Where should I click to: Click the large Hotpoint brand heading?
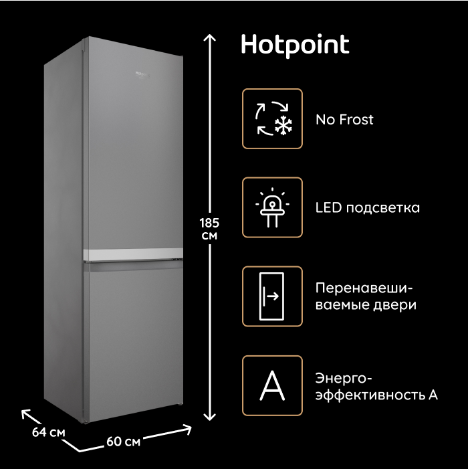[x=294, y=45]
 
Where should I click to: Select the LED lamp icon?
[x=272, y=207]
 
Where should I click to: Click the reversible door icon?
[x=272, y=296]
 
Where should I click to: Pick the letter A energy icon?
[x=272, y=385]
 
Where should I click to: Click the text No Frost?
[x=344, y=120]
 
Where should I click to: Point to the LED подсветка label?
[x=367, y=208]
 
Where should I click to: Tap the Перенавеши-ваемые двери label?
[x=364, y=296]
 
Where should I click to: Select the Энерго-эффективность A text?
[x=376, y=386]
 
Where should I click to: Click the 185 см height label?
[x=209, y=229]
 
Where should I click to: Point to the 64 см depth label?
[x=48, y=432]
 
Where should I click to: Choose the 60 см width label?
[x=123, y=442]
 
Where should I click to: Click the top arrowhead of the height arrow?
[x=210, y=38]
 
